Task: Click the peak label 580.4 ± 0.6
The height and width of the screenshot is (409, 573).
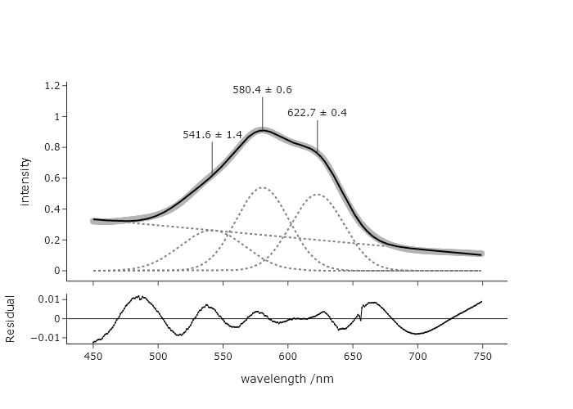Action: pyautogui.click(x=262, y=90)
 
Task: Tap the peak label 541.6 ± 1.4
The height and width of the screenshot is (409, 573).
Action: pyautogui.click(x=212, y=134)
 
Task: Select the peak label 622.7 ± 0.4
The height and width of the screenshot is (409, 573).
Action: pyautogui.click(x=317, y=113)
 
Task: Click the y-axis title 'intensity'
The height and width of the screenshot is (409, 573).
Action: pyautogui.click(x=25, y=181)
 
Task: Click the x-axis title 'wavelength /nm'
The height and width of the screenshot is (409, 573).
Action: pyautogui.click(x=287, y=380)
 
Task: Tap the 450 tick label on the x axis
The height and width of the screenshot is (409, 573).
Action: pyautogui.click(x=93, y=357)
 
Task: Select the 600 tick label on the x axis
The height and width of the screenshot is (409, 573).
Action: pyautogui.click(x=287, y=357)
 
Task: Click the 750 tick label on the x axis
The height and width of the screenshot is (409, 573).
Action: pyautogui.click(x=482, y=357)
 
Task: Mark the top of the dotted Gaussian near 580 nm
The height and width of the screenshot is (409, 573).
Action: pyautogui.click(x=262, y=187)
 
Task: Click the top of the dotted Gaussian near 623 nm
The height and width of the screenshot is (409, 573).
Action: pyautogui.click(x=317, y=195)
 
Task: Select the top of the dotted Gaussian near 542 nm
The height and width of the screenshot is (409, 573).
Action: pyautogui.click(x=212, y=231)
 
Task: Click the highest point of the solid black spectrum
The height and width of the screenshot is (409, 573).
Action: pyautogui.click(x=262, y=130)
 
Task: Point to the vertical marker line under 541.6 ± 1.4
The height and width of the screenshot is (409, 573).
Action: pyautogui.click(x=212, y=157)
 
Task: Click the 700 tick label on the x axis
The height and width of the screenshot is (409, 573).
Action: pyautogui.click(x=417, y=357)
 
